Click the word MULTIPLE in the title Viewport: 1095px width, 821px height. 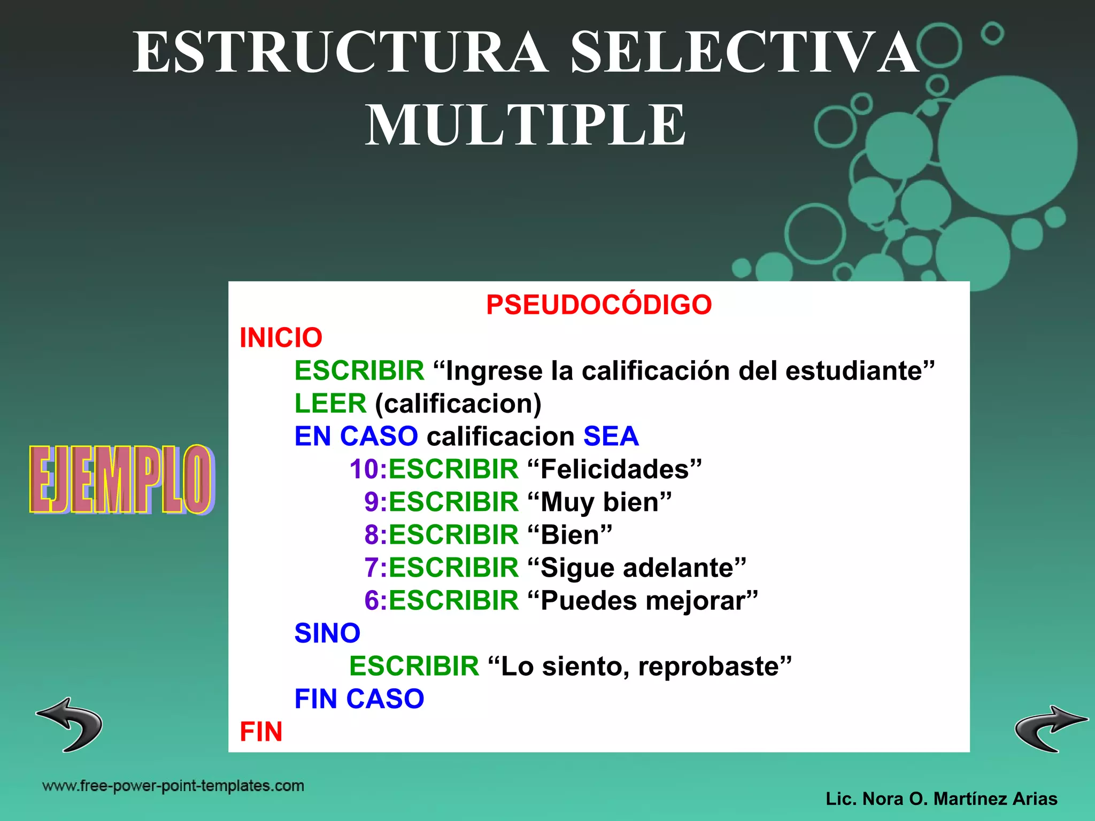point(525,125)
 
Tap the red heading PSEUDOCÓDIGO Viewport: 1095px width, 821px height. point(599,305)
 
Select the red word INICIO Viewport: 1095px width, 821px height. point(281,338)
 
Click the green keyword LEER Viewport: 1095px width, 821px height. point(330,403)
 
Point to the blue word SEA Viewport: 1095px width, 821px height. point(611,436)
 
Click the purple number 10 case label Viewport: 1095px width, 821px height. point(364,469)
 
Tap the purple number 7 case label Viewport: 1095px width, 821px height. point(372,568)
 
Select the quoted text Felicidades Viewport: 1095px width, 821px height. point(614,469)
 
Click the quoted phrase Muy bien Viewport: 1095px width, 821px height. point(599,502)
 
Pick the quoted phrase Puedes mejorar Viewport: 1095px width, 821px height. point(642,601)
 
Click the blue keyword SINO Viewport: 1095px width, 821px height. point(327,633)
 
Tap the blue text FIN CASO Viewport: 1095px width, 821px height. point(359,699)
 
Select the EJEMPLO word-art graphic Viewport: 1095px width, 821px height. point(121,479)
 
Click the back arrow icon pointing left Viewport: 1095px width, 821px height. point(70,724)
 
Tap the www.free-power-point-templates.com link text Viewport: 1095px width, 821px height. point(173,786)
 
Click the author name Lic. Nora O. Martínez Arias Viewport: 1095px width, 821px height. point(941,799)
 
